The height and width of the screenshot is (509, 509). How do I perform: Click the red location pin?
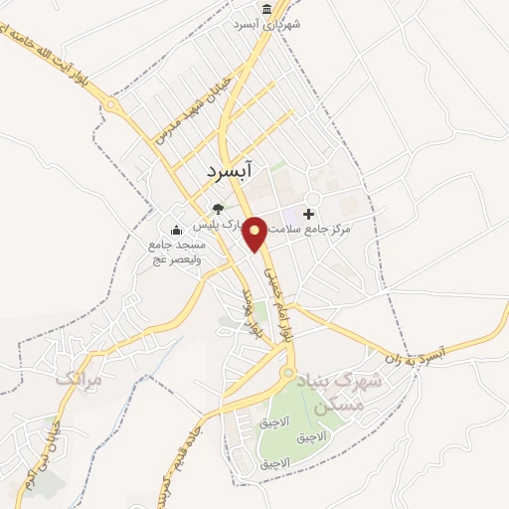pyautogui.click(x=255, y=233)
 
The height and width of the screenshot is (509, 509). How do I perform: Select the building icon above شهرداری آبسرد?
pyautogui.click(x=265, y=7)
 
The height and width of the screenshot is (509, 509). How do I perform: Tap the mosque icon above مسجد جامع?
pyautogui.click(x=177, y=232)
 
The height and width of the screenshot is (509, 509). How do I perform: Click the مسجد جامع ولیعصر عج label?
pyautogui.click(x=176, y=254)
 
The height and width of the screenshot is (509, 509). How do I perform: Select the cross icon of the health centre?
pyautogui.click(x=308, y=214)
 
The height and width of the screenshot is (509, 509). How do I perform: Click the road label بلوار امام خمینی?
pyautogui.click(x=270, y=286)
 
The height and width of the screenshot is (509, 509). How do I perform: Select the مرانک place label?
pyautogui.click(x=80, y=379)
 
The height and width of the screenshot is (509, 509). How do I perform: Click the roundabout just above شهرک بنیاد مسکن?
pyautogui.click(x=288, y=374)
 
